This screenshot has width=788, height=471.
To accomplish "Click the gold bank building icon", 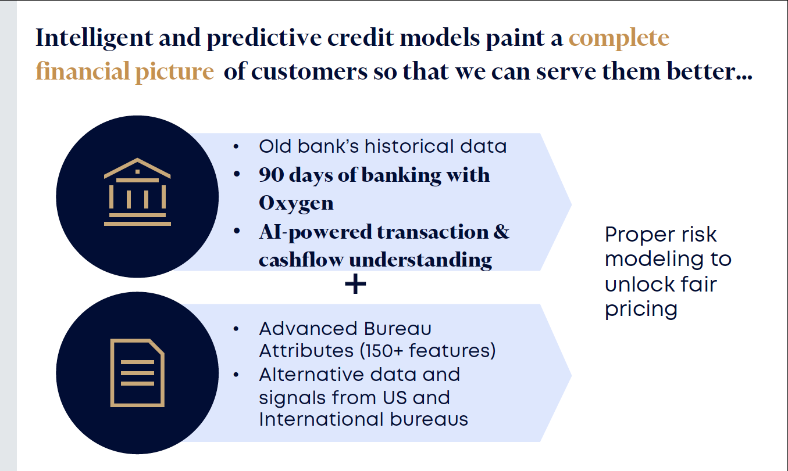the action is (x=137, y=192).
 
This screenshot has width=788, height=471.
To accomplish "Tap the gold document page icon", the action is (x=137, y=373).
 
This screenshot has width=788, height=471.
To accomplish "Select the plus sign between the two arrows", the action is (x=355, y=284).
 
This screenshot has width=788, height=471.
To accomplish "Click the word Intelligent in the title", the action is (x=94, y=38).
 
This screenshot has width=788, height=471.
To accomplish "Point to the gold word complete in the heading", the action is (x=619, y=38).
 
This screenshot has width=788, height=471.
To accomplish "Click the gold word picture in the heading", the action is (x=174, y=71).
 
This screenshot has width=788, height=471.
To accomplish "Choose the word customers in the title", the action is (x=309, y=71).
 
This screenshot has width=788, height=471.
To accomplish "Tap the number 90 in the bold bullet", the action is (x=271, y=175).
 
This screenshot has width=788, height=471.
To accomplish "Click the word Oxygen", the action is (x=296, y=203).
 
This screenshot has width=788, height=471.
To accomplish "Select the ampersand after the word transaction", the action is (x=501, y=232).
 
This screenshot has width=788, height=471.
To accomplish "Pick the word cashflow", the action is (x=301, y=260).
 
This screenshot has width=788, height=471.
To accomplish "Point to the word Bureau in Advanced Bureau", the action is (x=398, y=329).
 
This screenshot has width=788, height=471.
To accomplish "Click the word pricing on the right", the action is (x=641, y=310).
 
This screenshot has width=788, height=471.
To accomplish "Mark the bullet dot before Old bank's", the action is (x=236, y=146).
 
